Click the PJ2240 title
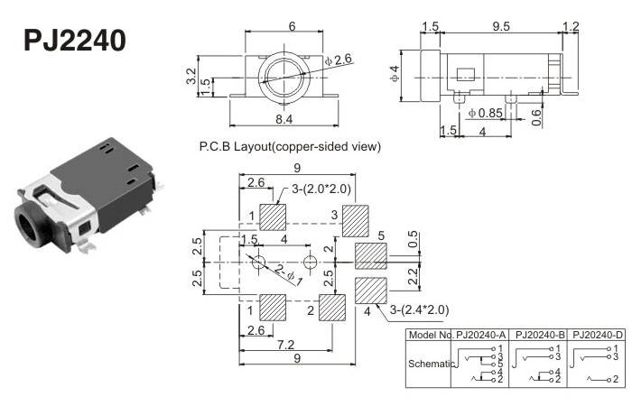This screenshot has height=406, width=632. pos(74,41)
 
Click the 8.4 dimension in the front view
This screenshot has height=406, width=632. pos(283,118)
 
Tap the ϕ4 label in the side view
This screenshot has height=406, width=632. pos(395,71)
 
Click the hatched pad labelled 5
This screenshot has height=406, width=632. pos(369,254)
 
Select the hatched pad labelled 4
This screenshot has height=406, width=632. pos(370,291)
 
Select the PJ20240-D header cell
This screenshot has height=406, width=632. pos(595,334)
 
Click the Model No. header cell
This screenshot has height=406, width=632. pos(431,334)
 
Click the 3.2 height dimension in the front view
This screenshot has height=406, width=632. pos(191,77)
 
